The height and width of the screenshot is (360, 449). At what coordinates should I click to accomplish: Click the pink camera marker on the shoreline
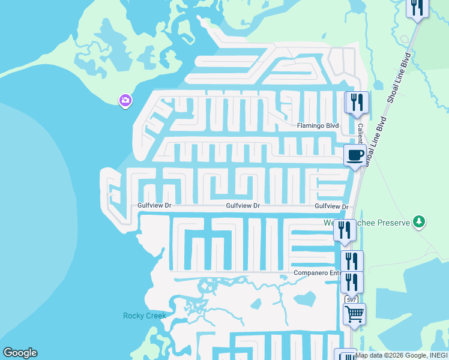pyautogui.click(x=125, y=100)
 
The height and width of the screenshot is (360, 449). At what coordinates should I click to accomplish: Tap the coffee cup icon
pyautogui.click(x=355, y=156)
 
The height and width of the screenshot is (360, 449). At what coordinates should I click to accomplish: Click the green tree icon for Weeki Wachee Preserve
pyautogui.click(x=419, y=222)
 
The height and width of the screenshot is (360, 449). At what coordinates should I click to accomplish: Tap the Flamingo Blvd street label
pyautogui.click(x=318, y=126)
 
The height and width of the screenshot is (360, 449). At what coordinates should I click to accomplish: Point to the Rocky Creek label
pyautogui.click(x=144, y=316)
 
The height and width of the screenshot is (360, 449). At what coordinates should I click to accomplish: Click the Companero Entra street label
pyautogui.click(x=317, y=273)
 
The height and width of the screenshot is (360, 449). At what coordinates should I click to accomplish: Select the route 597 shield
pyautogui.click(x=351, y=299)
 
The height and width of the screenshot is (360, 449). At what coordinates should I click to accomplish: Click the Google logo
pyautogui.click(x=20, y=353)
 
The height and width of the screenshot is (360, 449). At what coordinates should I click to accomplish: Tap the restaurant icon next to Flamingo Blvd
pyautogui.click(x=357, y=103)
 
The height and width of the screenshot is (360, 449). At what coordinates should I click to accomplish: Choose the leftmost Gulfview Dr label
pyautogui.click(x=155, y=205)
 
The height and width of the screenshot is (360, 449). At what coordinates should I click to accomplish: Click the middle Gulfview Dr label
pyautogui.click(x=243, y=205)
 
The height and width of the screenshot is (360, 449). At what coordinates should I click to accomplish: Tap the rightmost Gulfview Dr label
pyautogui.click(x=332, y=206)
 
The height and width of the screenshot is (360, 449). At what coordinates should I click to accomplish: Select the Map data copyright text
pyautogui.click(x=401, y=355)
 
